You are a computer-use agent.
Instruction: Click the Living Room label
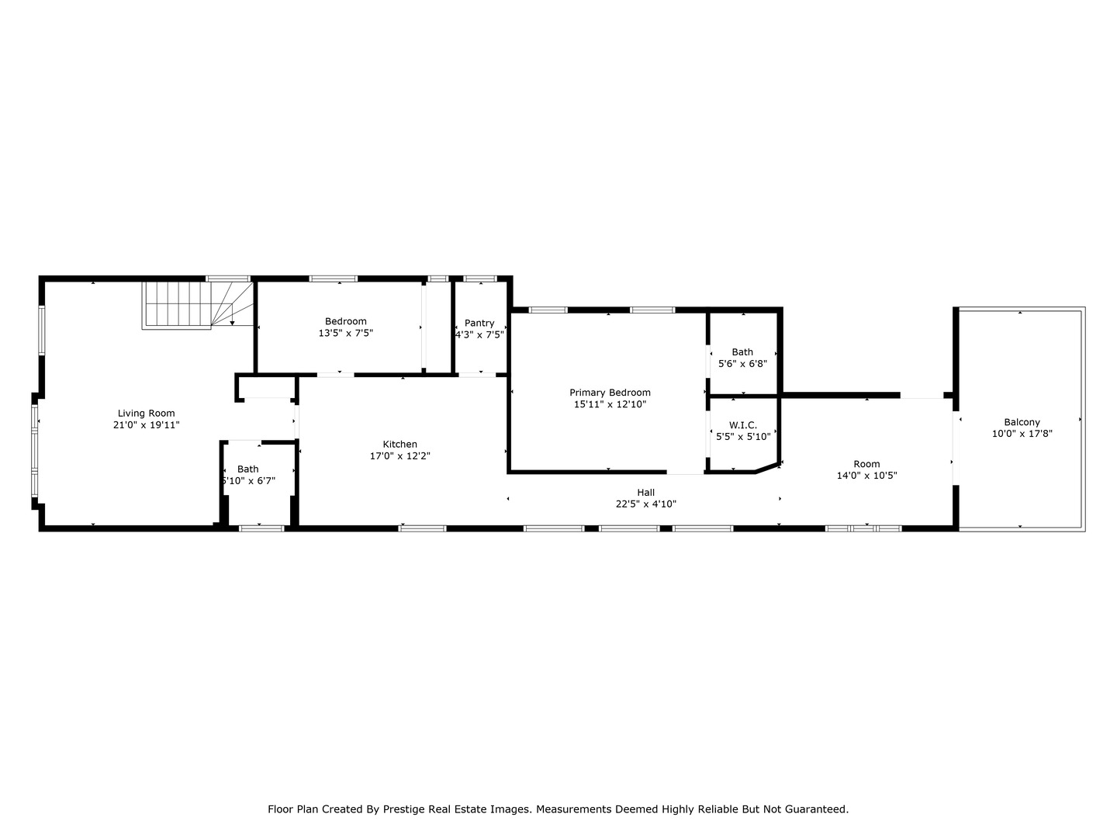pyautogui.click(x=146, y=414)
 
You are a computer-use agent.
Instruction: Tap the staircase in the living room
pyautogui.click(x=197, y=304)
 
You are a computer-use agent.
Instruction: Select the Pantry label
pyautogui.click(x=479, y=323)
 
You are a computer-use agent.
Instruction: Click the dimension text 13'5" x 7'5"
pyautogui.click(x=345, y=333)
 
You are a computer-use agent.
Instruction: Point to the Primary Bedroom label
pyautogui.click(x=610, y=393)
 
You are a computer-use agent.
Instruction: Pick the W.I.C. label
pyautogui.click(x=742, y=425)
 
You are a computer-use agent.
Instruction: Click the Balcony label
pyautogui.click(x=1022, y=422)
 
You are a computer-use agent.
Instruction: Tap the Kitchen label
pyautogui.click(x=399, y=445)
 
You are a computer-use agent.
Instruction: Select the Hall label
pyautogui.click(x=645, y=492)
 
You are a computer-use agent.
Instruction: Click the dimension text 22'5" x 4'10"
pyautogui.click(x=645, y=504)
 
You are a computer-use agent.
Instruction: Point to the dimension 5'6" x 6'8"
pyautogui.click(x=742, y=363)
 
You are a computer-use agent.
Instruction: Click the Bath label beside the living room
pyautogui.click(x=247, y=469)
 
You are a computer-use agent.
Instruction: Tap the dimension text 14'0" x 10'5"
pyautogui.click(x=866, y=476)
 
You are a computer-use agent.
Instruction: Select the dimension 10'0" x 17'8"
pyautogui.click(x=1022, y=434)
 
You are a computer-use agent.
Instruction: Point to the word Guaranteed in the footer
pyautogui.click(x=818, y=809)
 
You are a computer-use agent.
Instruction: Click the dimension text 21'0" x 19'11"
pyautogui.click(x=146, y=425)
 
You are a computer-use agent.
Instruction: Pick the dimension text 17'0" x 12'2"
pyautogui.click(x=399, y=456)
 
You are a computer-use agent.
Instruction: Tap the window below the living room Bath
pyautogui.click(x=261, y=528)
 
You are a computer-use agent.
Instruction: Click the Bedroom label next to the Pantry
pyautogui.click(x=345, y=321)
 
